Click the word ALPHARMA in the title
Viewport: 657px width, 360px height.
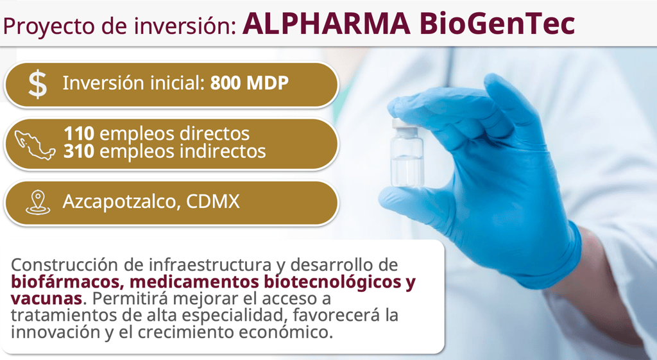pos(327,24)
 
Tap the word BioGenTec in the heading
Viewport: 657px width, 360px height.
pos(497,24)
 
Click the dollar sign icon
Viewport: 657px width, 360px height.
pos(38,85)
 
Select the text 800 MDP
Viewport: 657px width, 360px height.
pos(250,83)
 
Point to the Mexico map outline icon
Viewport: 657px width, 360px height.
pos(35,145)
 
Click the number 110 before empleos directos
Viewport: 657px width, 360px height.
pos(79,133)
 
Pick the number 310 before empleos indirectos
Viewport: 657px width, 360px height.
pos(79,151)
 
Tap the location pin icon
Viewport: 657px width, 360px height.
pos(38,202)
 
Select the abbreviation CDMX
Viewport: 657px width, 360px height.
pos(213,201)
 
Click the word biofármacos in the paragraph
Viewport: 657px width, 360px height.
pos(67,282)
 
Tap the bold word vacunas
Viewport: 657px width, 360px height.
pos(46,299)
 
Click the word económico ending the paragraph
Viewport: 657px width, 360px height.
pos(286,332)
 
